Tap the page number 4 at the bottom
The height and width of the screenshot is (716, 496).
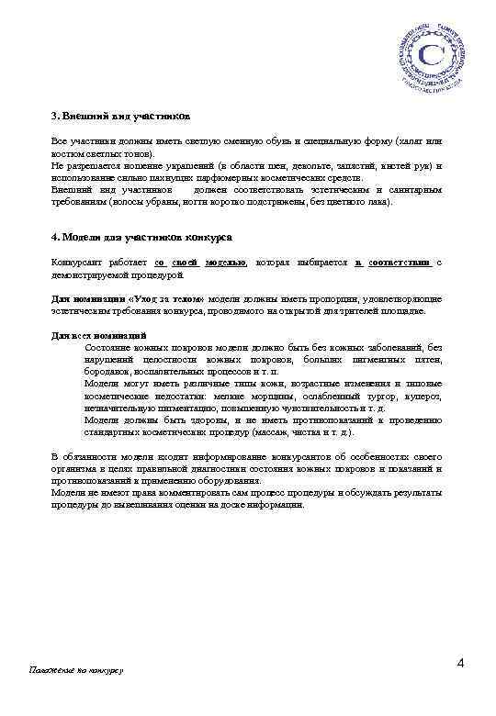point(459,664)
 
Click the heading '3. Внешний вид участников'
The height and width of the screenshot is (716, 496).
point(120,117)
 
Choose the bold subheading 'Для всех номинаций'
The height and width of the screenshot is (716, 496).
point(99,335)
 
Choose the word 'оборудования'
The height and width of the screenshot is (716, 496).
point(228,480)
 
